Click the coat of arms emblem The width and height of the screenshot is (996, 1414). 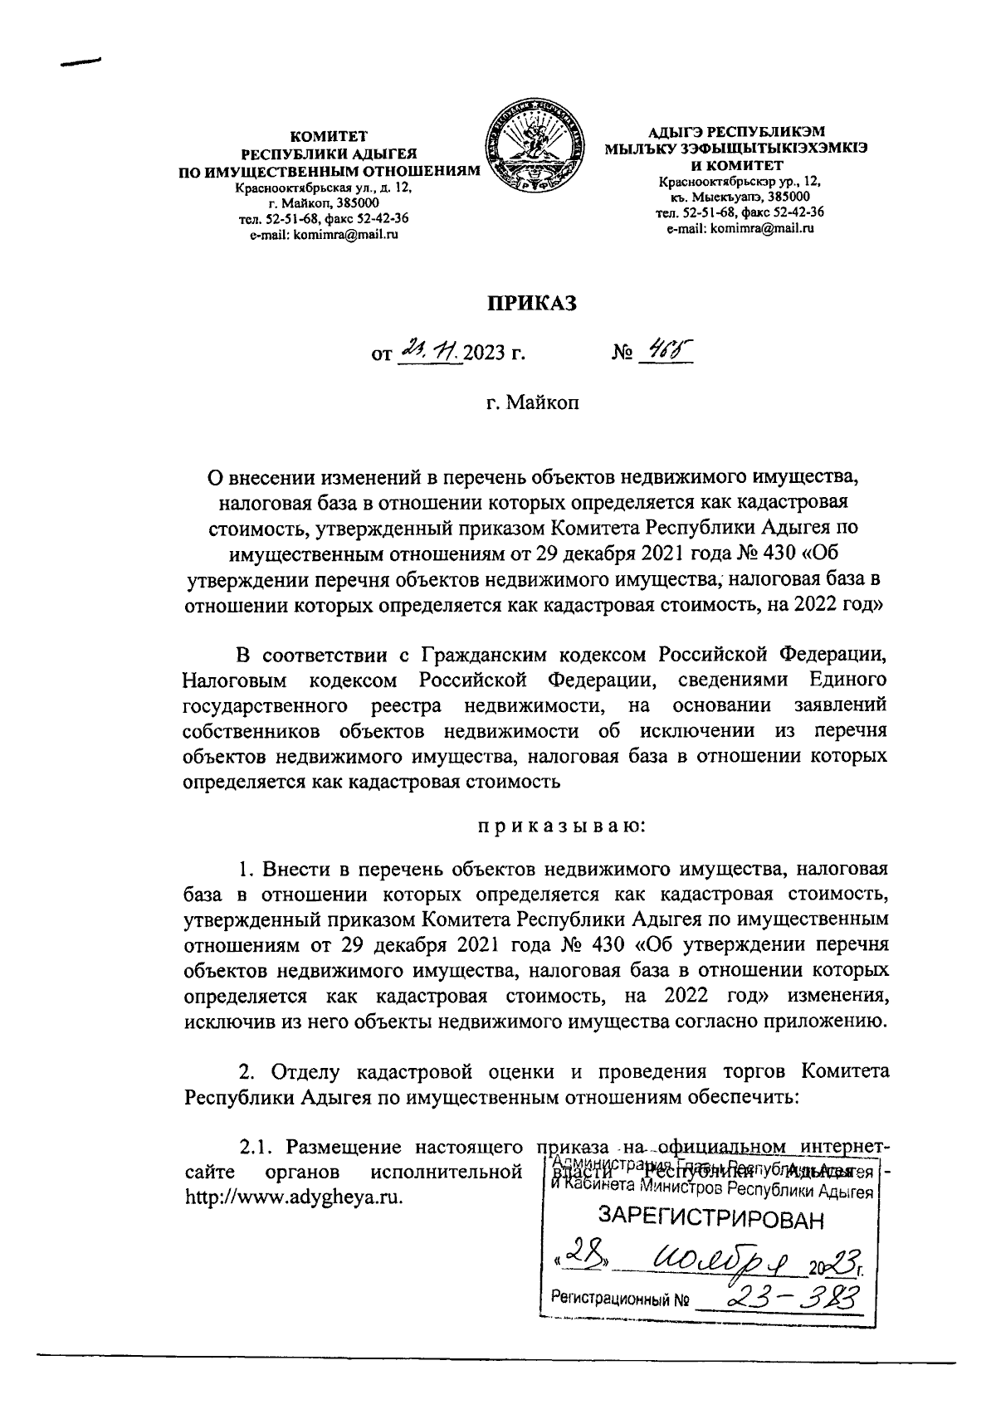click(531, 151)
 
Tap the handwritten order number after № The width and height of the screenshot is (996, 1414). click(665, 352)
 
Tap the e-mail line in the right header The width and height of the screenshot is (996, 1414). click(740, 228)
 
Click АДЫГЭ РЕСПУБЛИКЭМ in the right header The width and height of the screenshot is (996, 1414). click(738, 130)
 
